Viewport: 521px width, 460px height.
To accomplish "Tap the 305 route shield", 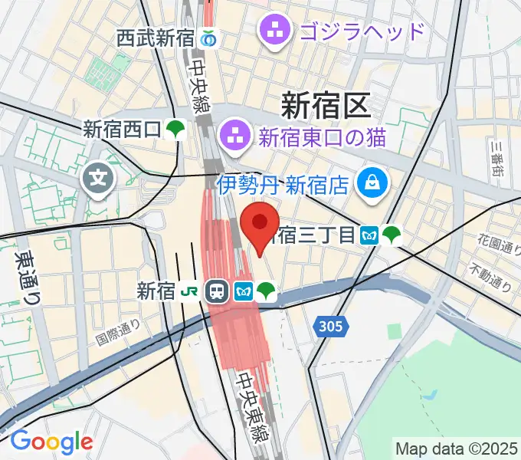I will (331, 327).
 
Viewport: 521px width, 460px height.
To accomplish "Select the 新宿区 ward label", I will (326, 103).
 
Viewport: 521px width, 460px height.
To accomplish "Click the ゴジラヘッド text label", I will (362, 32).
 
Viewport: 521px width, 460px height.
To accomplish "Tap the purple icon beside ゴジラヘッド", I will (274, 32).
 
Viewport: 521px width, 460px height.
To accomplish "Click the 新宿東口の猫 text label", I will (323, 138).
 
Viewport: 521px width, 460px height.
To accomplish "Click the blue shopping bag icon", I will (375, 182).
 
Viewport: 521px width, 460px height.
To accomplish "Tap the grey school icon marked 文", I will (99, 182).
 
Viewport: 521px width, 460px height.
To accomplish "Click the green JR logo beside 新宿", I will (188, 291).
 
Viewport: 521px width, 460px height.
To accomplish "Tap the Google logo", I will (51, 442).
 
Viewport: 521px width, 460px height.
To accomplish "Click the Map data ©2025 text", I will (457, 448).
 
